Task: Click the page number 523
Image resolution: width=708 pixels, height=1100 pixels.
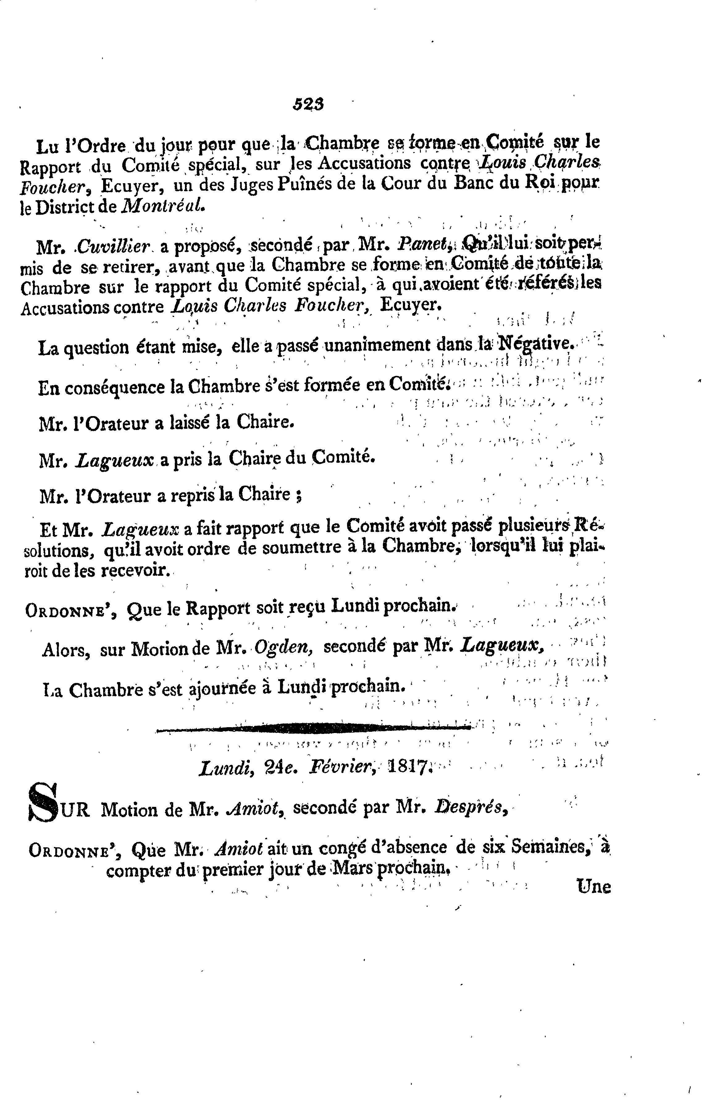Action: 308,105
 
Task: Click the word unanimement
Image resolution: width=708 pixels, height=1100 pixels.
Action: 378,346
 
